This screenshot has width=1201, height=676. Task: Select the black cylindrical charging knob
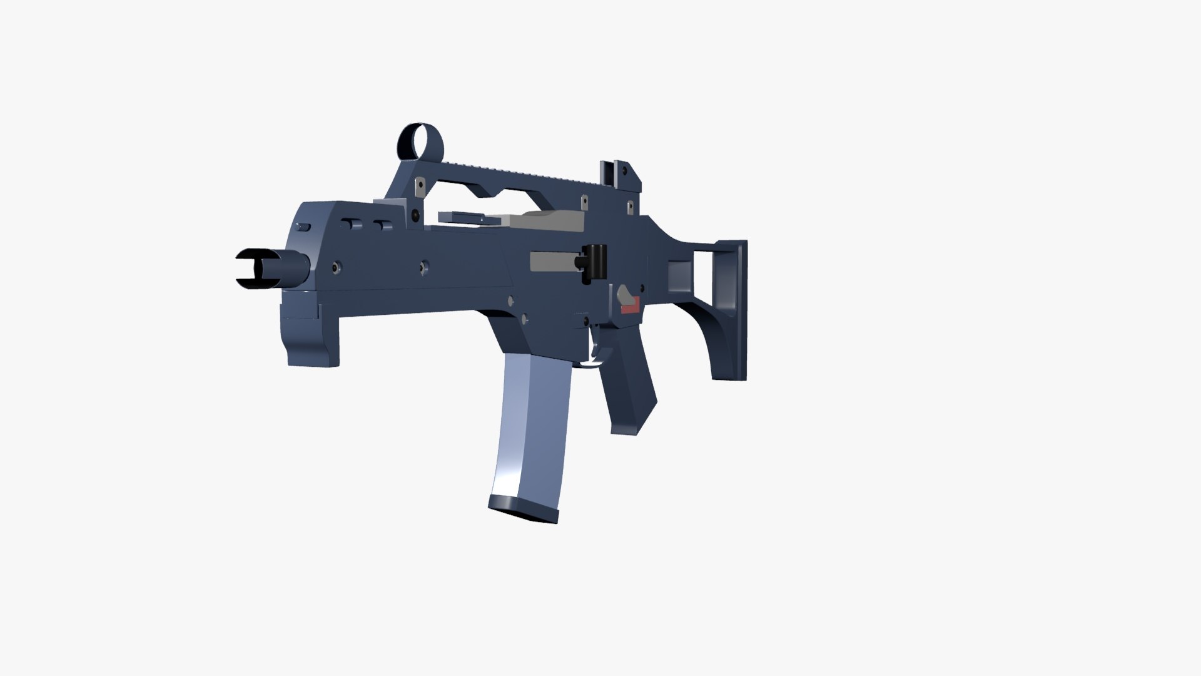595,262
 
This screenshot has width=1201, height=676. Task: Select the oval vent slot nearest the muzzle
305,226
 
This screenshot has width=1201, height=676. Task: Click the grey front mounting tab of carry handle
417,188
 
